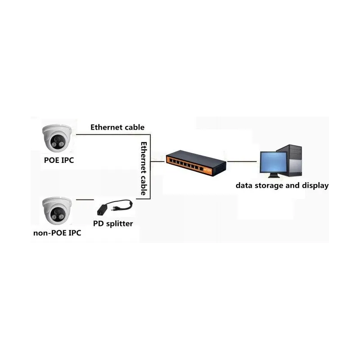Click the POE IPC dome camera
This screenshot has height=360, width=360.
[57, 138]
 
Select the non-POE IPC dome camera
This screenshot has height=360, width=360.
[57, 211]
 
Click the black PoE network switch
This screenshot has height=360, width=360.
[196, 163]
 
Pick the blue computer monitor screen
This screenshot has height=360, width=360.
[273, 162]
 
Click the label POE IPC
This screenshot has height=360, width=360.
[59, 160]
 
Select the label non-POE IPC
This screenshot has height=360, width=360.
[57, 233]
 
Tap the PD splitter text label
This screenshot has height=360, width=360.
[113, 224]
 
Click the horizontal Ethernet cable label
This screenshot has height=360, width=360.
[117, 127]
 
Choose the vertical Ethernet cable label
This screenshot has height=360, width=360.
[144, 168]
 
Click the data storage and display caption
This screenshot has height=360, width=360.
[282, 185]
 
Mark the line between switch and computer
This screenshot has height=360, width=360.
[242, 162]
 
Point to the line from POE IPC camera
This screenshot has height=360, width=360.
[113, 135]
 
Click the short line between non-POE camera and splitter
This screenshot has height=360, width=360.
[85, 200]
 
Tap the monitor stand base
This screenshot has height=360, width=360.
[274, 176]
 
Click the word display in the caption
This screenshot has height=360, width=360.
[315, 185]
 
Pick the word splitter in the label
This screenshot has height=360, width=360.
[120, 224]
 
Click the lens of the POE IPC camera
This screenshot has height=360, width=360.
[57, 139]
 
